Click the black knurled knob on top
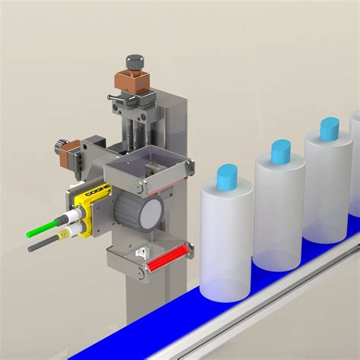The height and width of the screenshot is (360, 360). pos(136,62)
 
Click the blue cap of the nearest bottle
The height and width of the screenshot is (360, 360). pos(228,178)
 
